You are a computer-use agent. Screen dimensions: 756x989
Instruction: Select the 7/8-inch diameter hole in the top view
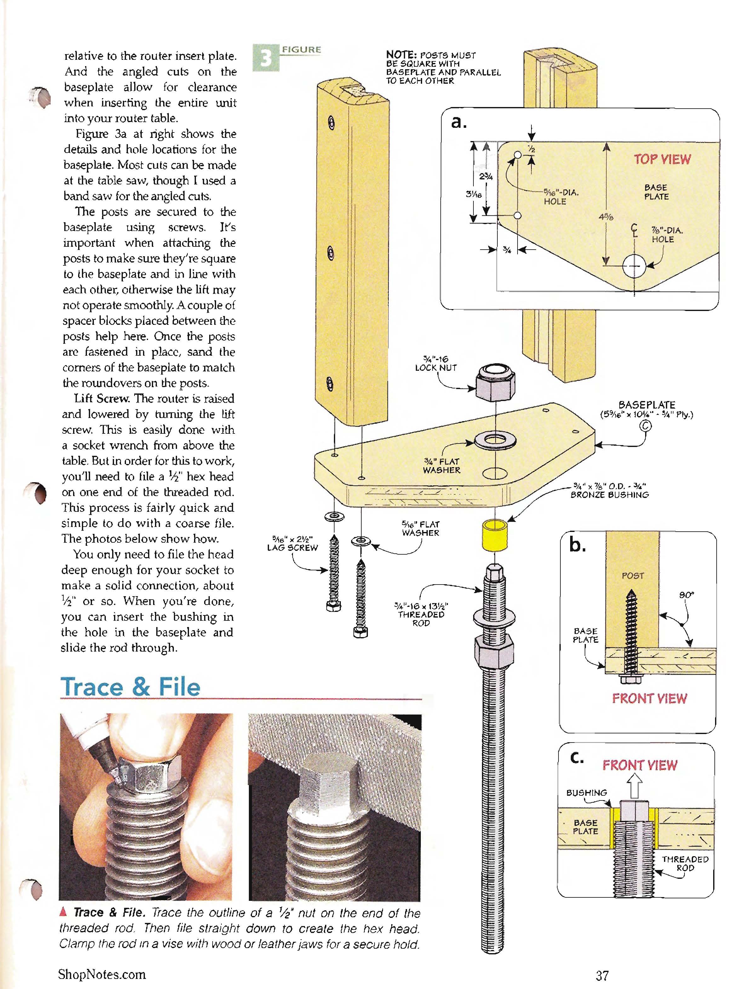(x=634, y=266)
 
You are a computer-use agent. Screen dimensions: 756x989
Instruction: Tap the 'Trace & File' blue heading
(x=130, y=687)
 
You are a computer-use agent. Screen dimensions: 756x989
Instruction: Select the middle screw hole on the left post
(x=331, y=253)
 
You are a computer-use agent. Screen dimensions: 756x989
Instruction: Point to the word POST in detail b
(x=633, y=575)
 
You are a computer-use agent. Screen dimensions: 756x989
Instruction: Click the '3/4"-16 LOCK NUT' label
(x=436, y=363)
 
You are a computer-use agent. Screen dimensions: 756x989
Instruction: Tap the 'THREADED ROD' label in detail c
(x=685, y=864)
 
